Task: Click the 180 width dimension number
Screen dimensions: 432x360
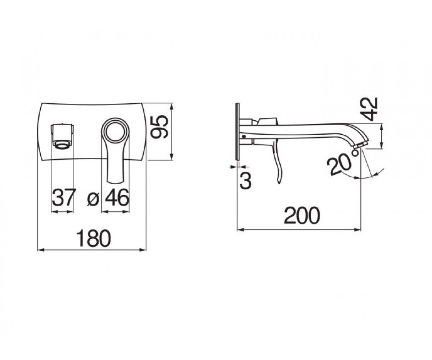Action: pos(94,238)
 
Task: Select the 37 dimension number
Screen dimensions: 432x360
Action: pos(63,197)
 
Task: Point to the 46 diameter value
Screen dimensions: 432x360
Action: pos(117,197)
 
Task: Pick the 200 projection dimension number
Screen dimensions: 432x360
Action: pos(302,215)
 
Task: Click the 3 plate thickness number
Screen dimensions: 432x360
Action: pos(246,180)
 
